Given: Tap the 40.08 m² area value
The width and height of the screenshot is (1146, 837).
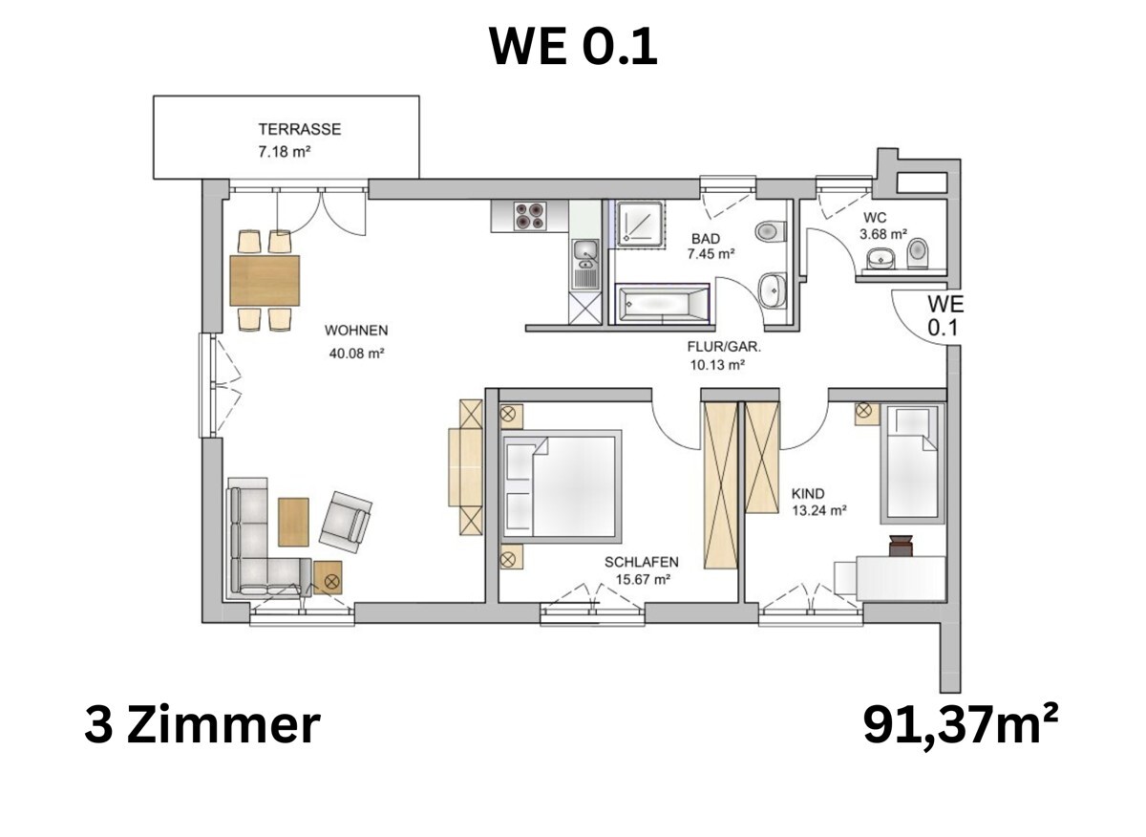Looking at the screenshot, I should coord(354,353).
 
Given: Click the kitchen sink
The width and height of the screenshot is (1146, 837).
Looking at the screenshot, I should coord(584,252).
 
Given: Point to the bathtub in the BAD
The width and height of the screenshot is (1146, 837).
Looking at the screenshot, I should coord(663,305).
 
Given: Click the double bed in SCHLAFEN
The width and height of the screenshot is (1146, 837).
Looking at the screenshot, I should coord(562,486).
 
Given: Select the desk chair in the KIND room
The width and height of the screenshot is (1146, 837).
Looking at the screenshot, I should coord(901,546).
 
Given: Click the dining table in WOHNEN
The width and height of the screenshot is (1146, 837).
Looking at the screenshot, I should coord(265,280).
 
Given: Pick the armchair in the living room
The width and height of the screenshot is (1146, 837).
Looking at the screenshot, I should coord(345,520).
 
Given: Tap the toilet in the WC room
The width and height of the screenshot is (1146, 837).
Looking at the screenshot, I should coord(918,251).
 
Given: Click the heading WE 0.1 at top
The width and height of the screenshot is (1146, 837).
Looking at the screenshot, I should coord(573,46).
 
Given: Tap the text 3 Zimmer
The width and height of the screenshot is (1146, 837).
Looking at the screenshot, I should coord(202,725).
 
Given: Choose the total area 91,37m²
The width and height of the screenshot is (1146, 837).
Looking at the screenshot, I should coord(960,725).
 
